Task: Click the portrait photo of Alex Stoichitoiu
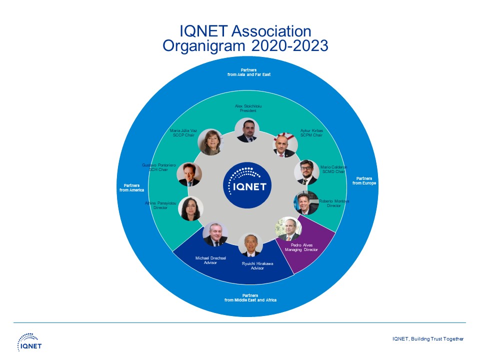(247, 130)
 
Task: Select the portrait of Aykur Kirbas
(284, 145)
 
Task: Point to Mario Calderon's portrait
(306, 172)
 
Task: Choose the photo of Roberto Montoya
(305, 202)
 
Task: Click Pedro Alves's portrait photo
(289, 229)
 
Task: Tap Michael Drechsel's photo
(215, 234)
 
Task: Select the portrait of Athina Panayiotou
(190, 208)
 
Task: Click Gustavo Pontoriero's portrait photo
(189, 174)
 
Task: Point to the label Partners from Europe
(364, 180)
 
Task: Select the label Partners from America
(131, 187)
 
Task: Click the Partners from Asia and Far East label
(248, 72)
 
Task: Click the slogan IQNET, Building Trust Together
(427, 339)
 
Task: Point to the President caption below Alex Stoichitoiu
(248, 110)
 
